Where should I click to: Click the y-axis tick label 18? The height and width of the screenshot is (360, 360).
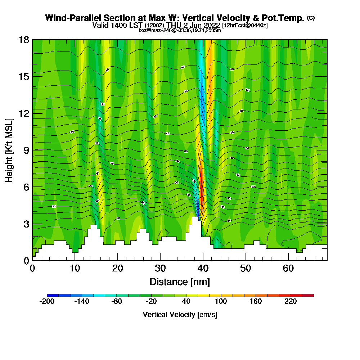[x=24, y=40]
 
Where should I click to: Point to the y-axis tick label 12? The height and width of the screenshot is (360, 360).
[x=24, y=113]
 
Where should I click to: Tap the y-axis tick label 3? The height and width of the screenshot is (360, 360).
[x=26, y=224]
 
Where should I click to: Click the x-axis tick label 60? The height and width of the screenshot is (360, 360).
[x=288, y=268]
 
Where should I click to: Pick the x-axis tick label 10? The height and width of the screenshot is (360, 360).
[x=75, y=268]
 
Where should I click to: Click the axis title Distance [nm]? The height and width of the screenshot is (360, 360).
[x=179, y=282]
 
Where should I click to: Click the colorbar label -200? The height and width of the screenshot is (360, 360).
[x=47, y=302]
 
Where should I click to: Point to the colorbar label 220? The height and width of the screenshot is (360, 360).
[x=291, y=302]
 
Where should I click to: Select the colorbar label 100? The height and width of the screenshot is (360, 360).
[x=221, y=302]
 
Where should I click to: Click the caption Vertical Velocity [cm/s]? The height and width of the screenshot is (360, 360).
[x=180, y=315]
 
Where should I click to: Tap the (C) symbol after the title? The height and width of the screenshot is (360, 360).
[x=311, y=18]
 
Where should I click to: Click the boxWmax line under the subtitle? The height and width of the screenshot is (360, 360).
[x=180, y=30]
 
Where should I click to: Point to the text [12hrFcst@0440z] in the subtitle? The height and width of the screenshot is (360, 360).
[x=245, y=26]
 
